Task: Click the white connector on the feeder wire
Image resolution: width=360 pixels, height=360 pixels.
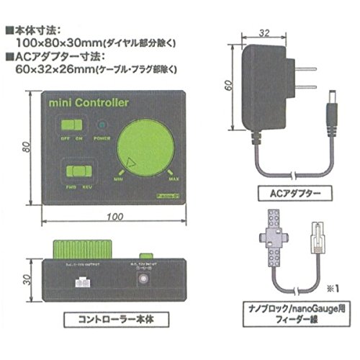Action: click(x=318, y=238)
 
